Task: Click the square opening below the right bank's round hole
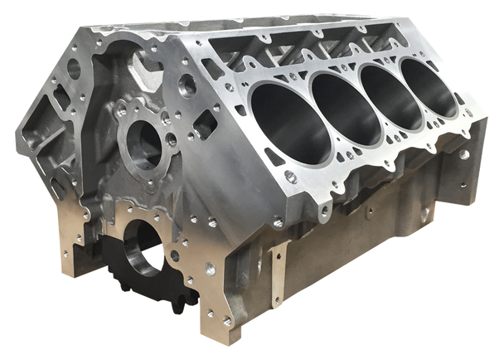[x=203, y=127]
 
